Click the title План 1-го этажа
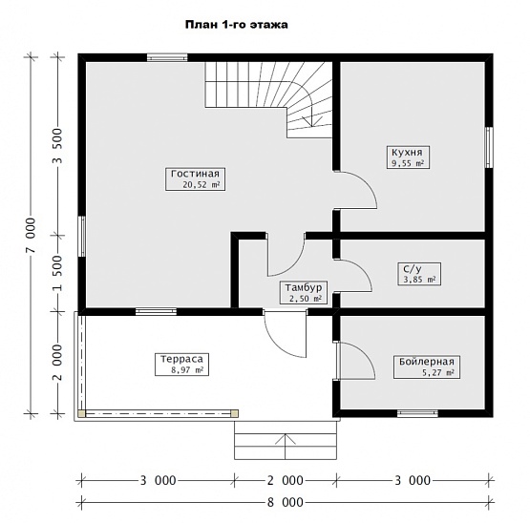click(237, 25)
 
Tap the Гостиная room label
click(195, 174)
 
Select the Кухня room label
click(407, 153)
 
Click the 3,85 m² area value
click(419, 280)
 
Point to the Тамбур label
click(303, 288)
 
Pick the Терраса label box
click(181, 365)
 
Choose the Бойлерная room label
click(427, 362)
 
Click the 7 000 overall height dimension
click(31, 235)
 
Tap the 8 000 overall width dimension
click(286, 502)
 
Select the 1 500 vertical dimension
click(58, 273)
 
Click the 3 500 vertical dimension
click(58, 146)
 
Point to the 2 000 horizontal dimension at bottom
click(286, 480)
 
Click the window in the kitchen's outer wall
click(489, 147)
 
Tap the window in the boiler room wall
click(417, 413)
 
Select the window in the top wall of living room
click(167, 57)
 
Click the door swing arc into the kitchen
click(366, 183)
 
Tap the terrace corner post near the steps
click(234, 413)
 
